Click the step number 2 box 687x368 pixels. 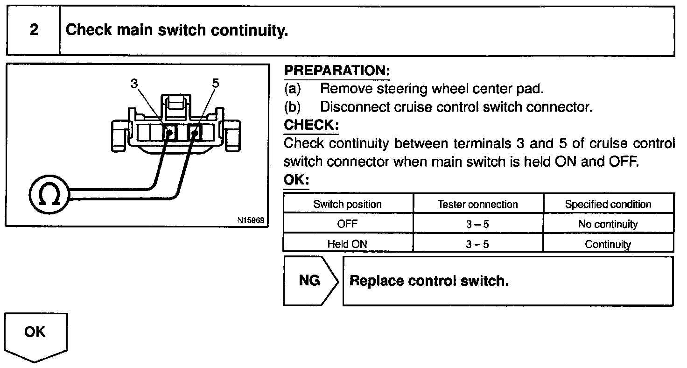click(34, 31)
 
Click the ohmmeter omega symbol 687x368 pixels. click(49, 194)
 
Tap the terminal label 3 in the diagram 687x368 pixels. click(134, 84)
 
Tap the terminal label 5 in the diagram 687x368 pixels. click(215, 84)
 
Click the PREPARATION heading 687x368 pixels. click(336, 71)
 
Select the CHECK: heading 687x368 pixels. click(311, 125)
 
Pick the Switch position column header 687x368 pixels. click(347, 204)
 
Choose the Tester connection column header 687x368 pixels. click(477, 204)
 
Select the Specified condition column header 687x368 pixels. click(608, 204)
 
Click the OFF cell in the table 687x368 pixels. click(347, 224)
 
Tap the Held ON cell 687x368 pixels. click(347, 244)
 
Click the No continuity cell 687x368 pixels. click(608, 224)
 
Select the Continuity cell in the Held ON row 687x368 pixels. click(608, 244)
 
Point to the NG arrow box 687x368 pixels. click(309, 281)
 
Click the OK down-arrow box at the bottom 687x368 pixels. click(35, 334)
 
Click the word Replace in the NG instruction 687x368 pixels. click(376, 281)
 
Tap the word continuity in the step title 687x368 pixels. click(249, 31)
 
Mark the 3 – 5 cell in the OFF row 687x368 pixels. click(477, 224)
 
